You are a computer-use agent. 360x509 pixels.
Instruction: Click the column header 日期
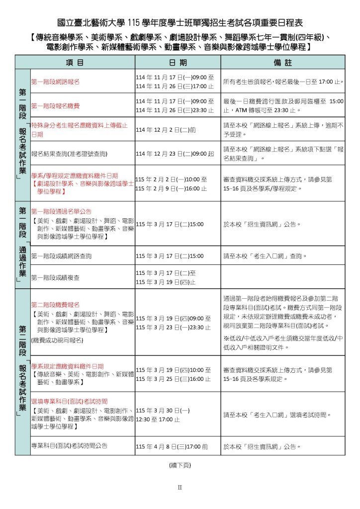pyautogui.click(x=177, y=62)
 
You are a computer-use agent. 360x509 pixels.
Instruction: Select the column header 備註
pyautogui.click(x=282, y=62)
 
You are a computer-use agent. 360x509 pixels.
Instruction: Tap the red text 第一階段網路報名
pyautogui.click(x=55, y=81)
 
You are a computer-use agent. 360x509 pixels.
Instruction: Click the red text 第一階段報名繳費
pyautogui.click(x=55, y=105)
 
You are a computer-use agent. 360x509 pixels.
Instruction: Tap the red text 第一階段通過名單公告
pyautogui.click(x=61, y=211)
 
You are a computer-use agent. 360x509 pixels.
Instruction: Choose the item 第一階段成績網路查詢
pyautogui.click(x=61, y=256)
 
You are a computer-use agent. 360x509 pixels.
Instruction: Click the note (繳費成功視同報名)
pyautogui.click(x=57, y=340)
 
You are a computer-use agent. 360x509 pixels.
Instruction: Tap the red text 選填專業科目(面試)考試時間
pyautogui.click(x=69, y=401)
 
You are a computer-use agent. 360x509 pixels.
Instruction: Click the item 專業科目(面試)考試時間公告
pyautogui.click(x=69, y=445)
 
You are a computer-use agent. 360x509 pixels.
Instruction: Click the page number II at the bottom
pyautogui.click(x=180, y=487)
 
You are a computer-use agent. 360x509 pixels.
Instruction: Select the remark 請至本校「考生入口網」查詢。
pyautogui.click(x=265, y=256)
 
